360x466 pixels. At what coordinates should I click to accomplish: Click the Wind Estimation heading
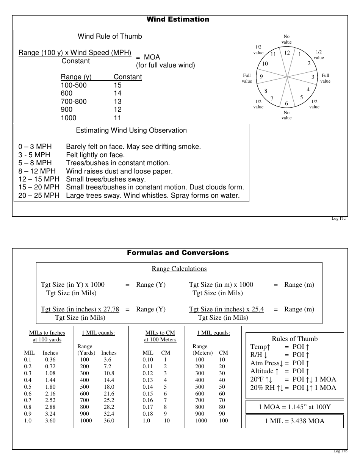point(178,19)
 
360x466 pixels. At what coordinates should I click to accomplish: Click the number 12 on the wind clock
point(287,53)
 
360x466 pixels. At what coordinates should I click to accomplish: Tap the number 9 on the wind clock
point(261,77)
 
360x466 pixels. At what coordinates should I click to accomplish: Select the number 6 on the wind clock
point(286,103)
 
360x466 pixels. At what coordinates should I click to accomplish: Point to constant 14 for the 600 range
point(117,93)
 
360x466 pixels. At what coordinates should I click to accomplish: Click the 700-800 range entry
point(74,102)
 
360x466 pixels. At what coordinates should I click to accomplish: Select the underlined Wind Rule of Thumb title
point(110,36)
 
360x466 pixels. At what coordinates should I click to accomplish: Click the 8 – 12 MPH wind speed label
point(37,171)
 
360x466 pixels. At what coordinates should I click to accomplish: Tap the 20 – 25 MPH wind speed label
point(39,195)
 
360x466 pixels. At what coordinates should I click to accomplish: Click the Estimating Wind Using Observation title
point(131,130)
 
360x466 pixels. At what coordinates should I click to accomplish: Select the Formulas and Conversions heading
point(178,253)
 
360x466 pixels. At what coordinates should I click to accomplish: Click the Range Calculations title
point(179,269)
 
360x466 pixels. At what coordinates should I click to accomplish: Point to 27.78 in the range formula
point(112,309)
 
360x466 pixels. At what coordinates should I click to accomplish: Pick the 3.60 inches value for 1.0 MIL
point(50,421)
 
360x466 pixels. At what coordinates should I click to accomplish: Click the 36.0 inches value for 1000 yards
point(109,421)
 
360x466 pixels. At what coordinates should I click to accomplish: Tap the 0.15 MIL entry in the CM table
point(148,394)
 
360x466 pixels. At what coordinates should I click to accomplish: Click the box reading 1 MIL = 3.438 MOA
point(294,421)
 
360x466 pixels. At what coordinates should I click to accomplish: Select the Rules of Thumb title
point(295,339)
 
